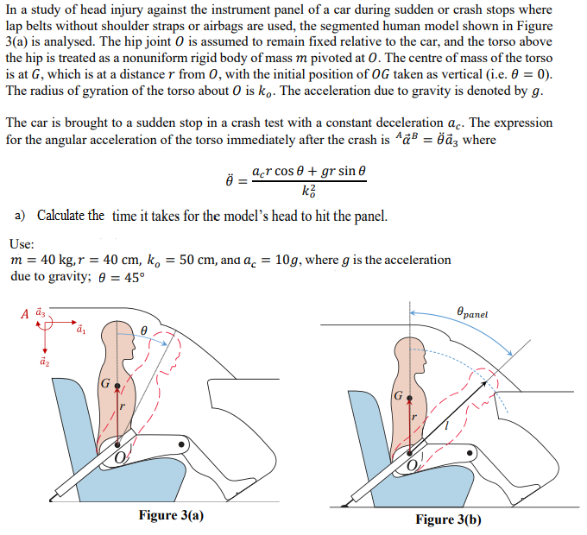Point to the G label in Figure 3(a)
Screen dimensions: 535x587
(104, 382)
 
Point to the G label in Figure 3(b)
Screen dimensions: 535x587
(398, 396)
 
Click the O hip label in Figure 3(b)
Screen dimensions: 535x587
(413, 466)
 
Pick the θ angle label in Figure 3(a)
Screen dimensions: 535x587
(145, 330)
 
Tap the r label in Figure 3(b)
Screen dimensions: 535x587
(415, 417)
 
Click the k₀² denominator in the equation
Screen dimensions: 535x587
(309, 192)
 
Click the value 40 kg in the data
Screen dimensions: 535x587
(45, 261)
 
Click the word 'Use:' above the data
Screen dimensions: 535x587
(22, 243)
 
